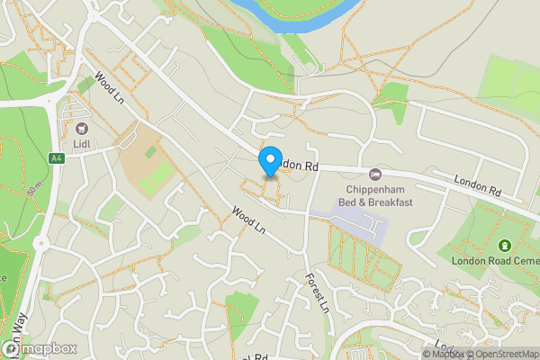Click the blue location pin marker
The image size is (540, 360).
pos(269,161)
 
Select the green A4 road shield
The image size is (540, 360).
pos(55,157)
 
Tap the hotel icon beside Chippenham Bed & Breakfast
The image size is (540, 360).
pos(375,173)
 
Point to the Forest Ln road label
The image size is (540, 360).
pos(318,292)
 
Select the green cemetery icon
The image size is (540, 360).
pos(503,245)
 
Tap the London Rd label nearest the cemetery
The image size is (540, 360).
pos(476,185)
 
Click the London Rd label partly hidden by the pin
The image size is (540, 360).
pos(301,166)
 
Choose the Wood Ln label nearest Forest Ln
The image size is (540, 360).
pos(248,221)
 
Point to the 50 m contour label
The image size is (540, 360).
pos(35,192)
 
